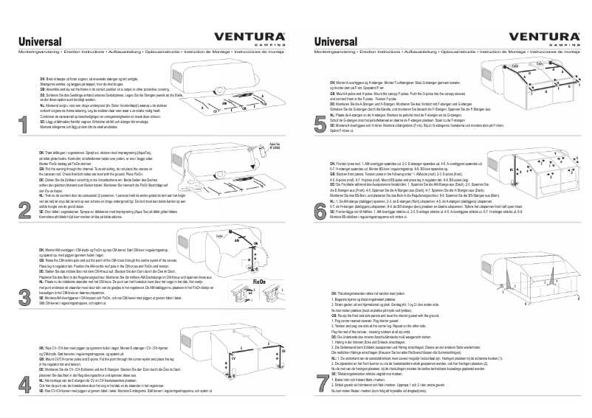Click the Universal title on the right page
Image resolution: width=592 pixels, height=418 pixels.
tap(336, 43)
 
